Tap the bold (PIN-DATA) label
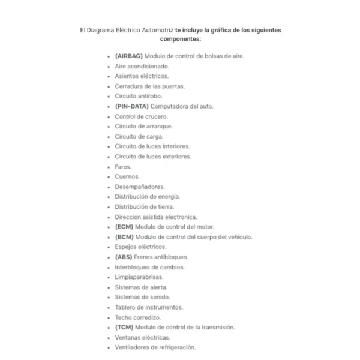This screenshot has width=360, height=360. [x=131, y=106]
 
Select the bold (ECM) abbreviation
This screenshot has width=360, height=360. [x=124, y=227]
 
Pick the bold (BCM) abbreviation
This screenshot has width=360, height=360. [x=124, y=237]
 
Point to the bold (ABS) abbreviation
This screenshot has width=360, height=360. [x=124, y=257]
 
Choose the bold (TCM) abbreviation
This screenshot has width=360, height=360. [x=124, y=327]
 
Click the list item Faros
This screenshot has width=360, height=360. [x=123, y=167]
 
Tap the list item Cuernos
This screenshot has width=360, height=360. [x=127, y=176]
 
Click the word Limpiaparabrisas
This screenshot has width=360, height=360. [x=139, y=277]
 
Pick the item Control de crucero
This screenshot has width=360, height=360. [x=141, y=116]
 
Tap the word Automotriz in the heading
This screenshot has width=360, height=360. [x=155, y=29]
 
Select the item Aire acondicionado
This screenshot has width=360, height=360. [x=142, y=66]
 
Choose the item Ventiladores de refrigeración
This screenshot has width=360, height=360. [x=155, y=347]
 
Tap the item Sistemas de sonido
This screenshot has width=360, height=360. [x=142, y=297]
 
